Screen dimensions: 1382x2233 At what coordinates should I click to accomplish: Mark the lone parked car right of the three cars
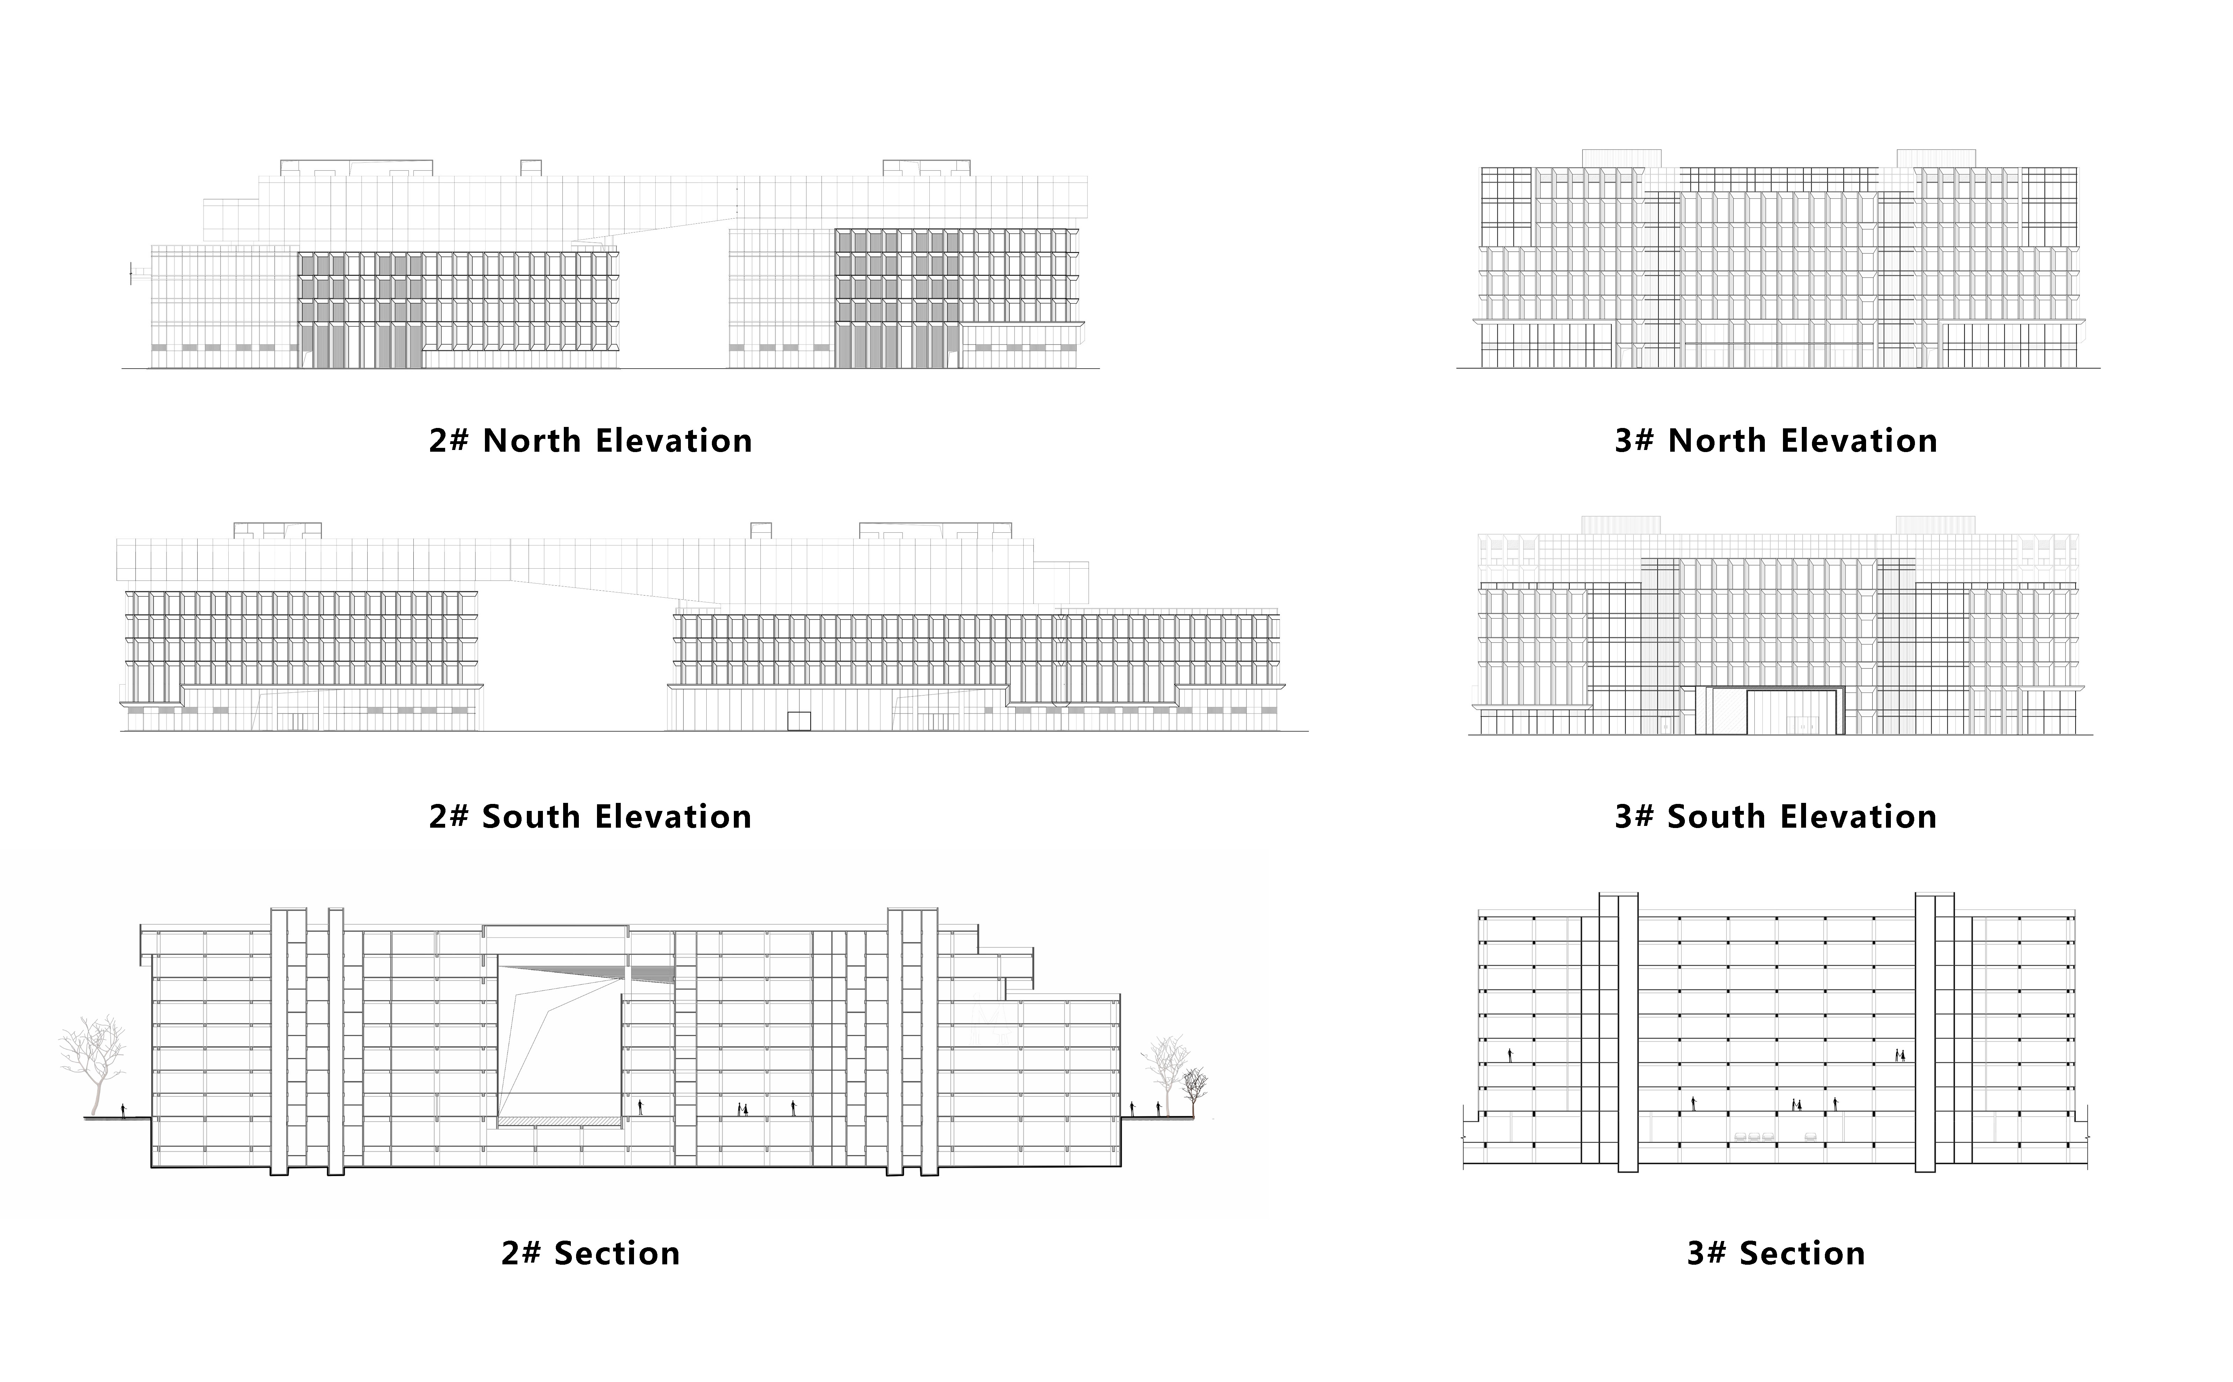coord(1811,1136)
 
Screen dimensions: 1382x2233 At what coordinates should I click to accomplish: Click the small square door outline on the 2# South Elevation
coord(799,720)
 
